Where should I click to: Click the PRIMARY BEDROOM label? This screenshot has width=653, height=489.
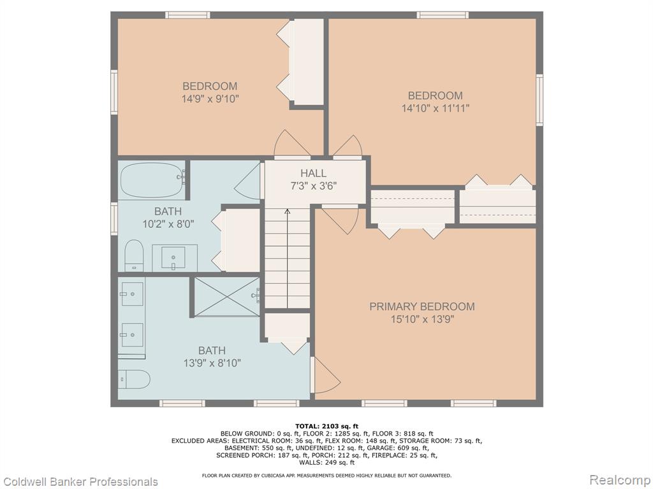pyautogui.click(x=422, y=306)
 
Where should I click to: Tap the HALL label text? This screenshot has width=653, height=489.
pyautogui.click(x=313, y=173)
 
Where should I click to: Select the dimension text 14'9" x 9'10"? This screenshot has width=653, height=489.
pyautogui.click(x=210, y=99)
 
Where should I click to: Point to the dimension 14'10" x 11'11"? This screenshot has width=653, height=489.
pyautogui.click(x=435, y=108)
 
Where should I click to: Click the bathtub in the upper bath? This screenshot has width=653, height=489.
pyautogui.click(x=152, y=181)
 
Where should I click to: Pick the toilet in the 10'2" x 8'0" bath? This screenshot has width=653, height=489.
pyautogui.click(x=134, y=255)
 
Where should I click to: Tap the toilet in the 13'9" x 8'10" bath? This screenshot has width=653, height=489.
pyautogui.click(x=134, y=379)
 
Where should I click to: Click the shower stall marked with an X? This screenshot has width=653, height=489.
pyautogui.click(x=227, y=297)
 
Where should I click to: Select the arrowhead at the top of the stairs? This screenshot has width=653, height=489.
pyautogui.click(x=288, y=211)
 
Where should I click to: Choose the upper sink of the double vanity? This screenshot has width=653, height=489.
pyautogui.click(x=132, y=294)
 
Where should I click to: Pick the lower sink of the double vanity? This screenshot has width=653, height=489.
pyautogui.click(x=132, y=334)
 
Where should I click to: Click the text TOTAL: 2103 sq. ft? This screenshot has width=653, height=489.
pyautogui.click(x=326, y=426)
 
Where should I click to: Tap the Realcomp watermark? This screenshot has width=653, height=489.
pyautogui.click(x=620, y=480)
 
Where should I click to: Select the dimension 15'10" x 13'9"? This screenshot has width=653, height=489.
pyautogui.click(x=422, y=320)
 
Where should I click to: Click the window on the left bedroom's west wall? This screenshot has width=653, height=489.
pyautogui.click(x=114, y=92)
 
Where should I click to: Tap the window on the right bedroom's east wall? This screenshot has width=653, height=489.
pyautogui.click(x=539, y=100)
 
